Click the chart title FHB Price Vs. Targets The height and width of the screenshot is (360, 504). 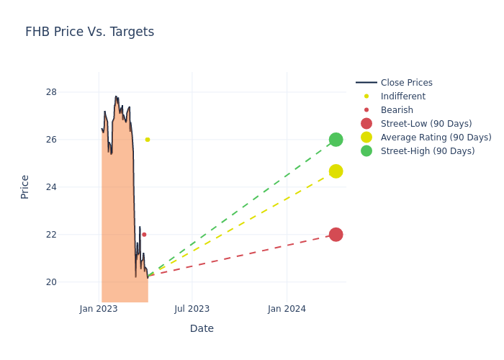pos(89,32)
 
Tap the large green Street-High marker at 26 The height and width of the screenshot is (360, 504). pos(336,140)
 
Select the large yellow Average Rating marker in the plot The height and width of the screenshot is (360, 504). pos(336,171)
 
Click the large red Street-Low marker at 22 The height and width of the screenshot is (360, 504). pos(336,235)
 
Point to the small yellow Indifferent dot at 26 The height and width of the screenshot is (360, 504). pos(148,140)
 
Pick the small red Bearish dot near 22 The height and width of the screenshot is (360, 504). pos(144,235)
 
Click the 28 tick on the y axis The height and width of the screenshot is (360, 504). pos(71,92)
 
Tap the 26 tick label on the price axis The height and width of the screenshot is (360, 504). pos(71,140)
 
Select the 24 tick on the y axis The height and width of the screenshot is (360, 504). pos(71,187)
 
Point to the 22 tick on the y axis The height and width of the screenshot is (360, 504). pos(71,235)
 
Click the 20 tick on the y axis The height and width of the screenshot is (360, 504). pos(71,282)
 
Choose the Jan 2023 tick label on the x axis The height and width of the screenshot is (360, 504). pos(99,309)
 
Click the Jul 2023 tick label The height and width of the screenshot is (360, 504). pos(192,309)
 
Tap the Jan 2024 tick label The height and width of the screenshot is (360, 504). pos(287,309)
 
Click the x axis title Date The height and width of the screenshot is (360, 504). pos(202,329)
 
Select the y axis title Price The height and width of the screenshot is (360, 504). pos(25,186)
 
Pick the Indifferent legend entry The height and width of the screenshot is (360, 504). pos(402,96)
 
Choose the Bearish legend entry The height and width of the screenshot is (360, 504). pos(397,110)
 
